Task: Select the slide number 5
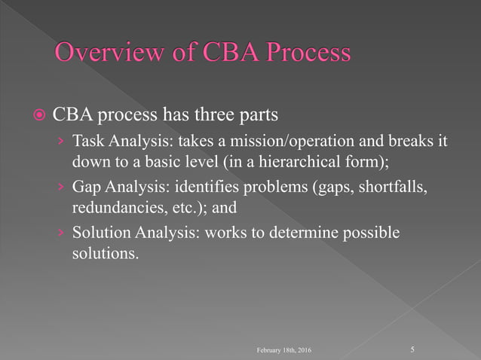(412, 350)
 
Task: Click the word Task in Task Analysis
(87, 142)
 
